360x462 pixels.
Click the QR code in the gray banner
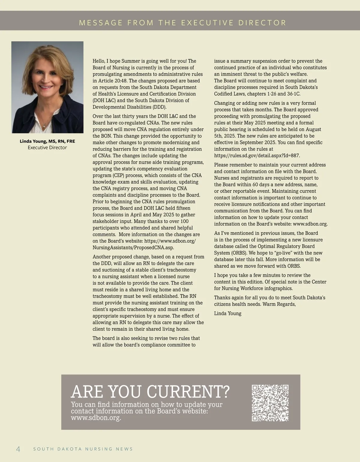click(270, 403)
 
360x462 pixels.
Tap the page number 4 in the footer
click(18, 449)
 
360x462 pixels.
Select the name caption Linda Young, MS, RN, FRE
click(47, 141)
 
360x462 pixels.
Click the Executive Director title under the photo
click(47, 148)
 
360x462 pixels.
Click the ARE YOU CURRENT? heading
click(150, 392)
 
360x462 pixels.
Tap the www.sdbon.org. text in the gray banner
click(96, 418)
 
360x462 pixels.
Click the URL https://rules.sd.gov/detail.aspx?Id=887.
click(257, 156)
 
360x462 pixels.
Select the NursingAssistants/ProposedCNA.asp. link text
click(133, 248)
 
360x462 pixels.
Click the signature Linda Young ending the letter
click(228, 314)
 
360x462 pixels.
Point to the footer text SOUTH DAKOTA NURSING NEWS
click(83, 449)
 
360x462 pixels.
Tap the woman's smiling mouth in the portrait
click(46, 87)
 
